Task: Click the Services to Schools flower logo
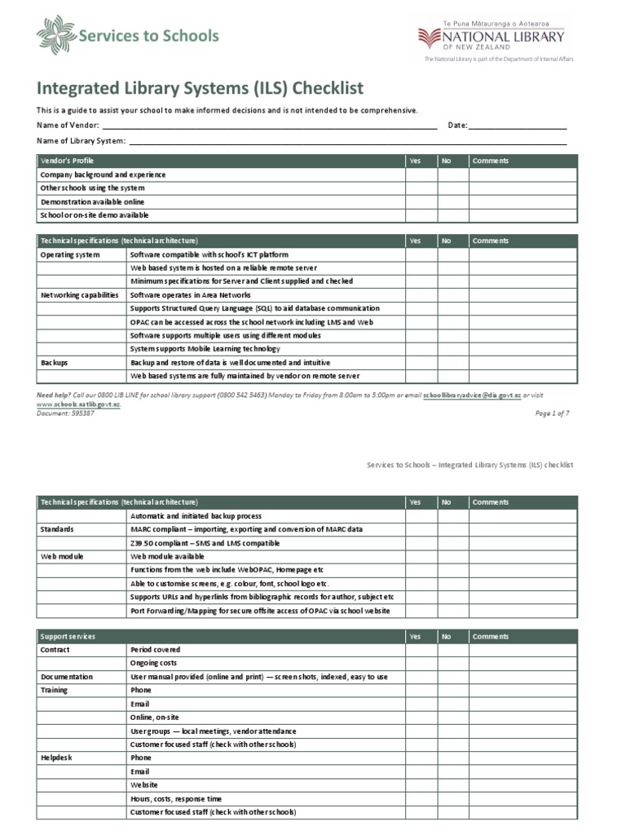pyautogui.click(x=55, y=36)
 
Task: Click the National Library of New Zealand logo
pyautogui.click(x=491, y=38)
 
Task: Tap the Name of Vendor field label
pyautogui.click(x=68, y=126)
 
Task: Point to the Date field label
pyautogui.click(x=457, y=126)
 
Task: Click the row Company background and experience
pyautogui.click(x=103, y=175)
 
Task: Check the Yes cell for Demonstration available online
pyautogui.click(x=421, y=201)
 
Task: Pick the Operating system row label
pyautogui.click(x=70, y=254)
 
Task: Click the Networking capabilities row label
pyautogui.click(x=79, y=295)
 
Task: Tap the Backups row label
pyautogui.click(x=54, y=362)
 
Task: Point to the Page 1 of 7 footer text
pyautogui.click(x=552, y=413)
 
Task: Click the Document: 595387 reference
pyautogui.click(x=65, y=413)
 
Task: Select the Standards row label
pyautogui.click(x=57, y=529)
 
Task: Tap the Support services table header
pyautogui.click(x=68, y=636)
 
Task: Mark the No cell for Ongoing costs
pyautogui.click(x=452, y=663)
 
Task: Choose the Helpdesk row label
pyautogui.click(x=56, y=758)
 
